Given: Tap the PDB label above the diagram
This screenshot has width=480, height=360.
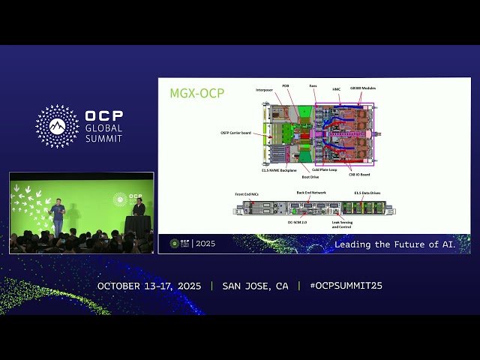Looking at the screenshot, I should [x=286, y=86].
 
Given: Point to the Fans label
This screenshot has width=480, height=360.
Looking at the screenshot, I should [x=313, y=86].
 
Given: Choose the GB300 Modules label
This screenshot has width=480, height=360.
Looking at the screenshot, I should [x=363, y=88].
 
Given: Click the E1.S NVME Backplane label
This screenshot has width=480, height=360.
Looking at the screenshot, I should [x=277, y=171].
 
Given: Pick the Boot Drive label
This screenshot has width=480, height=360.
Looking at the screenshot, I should [x=310, y=177].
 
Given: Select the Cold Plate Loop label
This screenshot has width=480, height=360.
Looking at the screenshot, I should [x=324, y=170].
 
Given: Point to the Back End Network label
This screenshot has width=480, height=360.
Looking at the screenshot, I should [x=310, y=193].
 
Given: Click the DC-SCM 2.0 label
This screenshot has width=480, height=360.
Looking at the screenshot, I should [x=298, y=222].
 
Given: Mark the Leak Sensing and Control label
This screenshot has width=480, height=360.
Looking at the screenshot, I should [x=343, y=223].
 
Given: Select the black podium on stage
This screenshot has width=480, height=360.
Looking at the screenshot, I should [x=137, y=224].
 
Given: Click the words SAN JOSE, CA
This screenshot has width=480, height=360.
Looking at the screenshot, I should [x=255, y=286].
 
